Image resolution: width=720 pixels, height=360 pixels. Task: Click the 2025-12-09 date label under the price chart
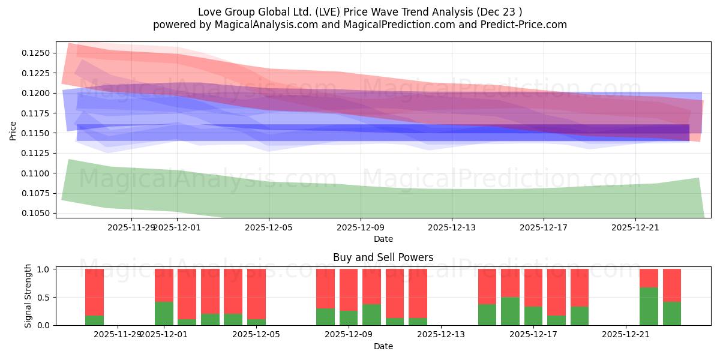pyautogui.click(x=361, y=227)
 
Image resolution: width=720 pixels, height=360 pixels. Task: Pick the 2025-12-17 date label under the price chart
pyautogui.click(x=544, y=227)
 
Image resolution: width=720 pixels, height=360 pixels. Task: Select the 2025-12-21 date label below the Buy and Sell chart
pyautogui.click(x=626, y=335)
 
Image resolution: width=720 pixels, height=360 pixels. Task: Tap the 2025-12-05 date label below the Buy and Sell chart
pyautogui.click(x=256, y=335)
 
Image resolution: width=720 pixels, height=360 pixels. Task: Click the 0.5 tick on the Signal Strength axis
pyautogui.click(x=44, y=297)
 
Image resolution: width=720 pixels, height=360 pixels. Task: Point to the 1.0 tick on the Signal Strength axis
pyautogui.click(x=44, y=269)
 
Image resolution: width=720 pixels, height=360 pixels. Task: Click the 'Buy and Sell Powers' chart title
pyautogui.click(x=383, y=257)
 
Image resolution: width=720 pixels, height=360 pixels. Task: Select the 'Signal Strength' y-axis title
pyautogui.click(x=28, y=297)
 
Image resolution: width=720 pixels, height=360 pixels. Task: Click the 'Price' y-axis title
pyautogui.click(x=13, y=130)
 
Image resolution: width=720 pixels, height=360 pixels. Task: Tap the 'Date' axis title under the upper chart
pyautogui.click(x=383, y=239)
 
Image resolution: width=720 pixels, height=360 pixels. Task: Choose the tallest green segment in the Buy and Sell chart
pyautogui.click(x=649, y=306)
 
